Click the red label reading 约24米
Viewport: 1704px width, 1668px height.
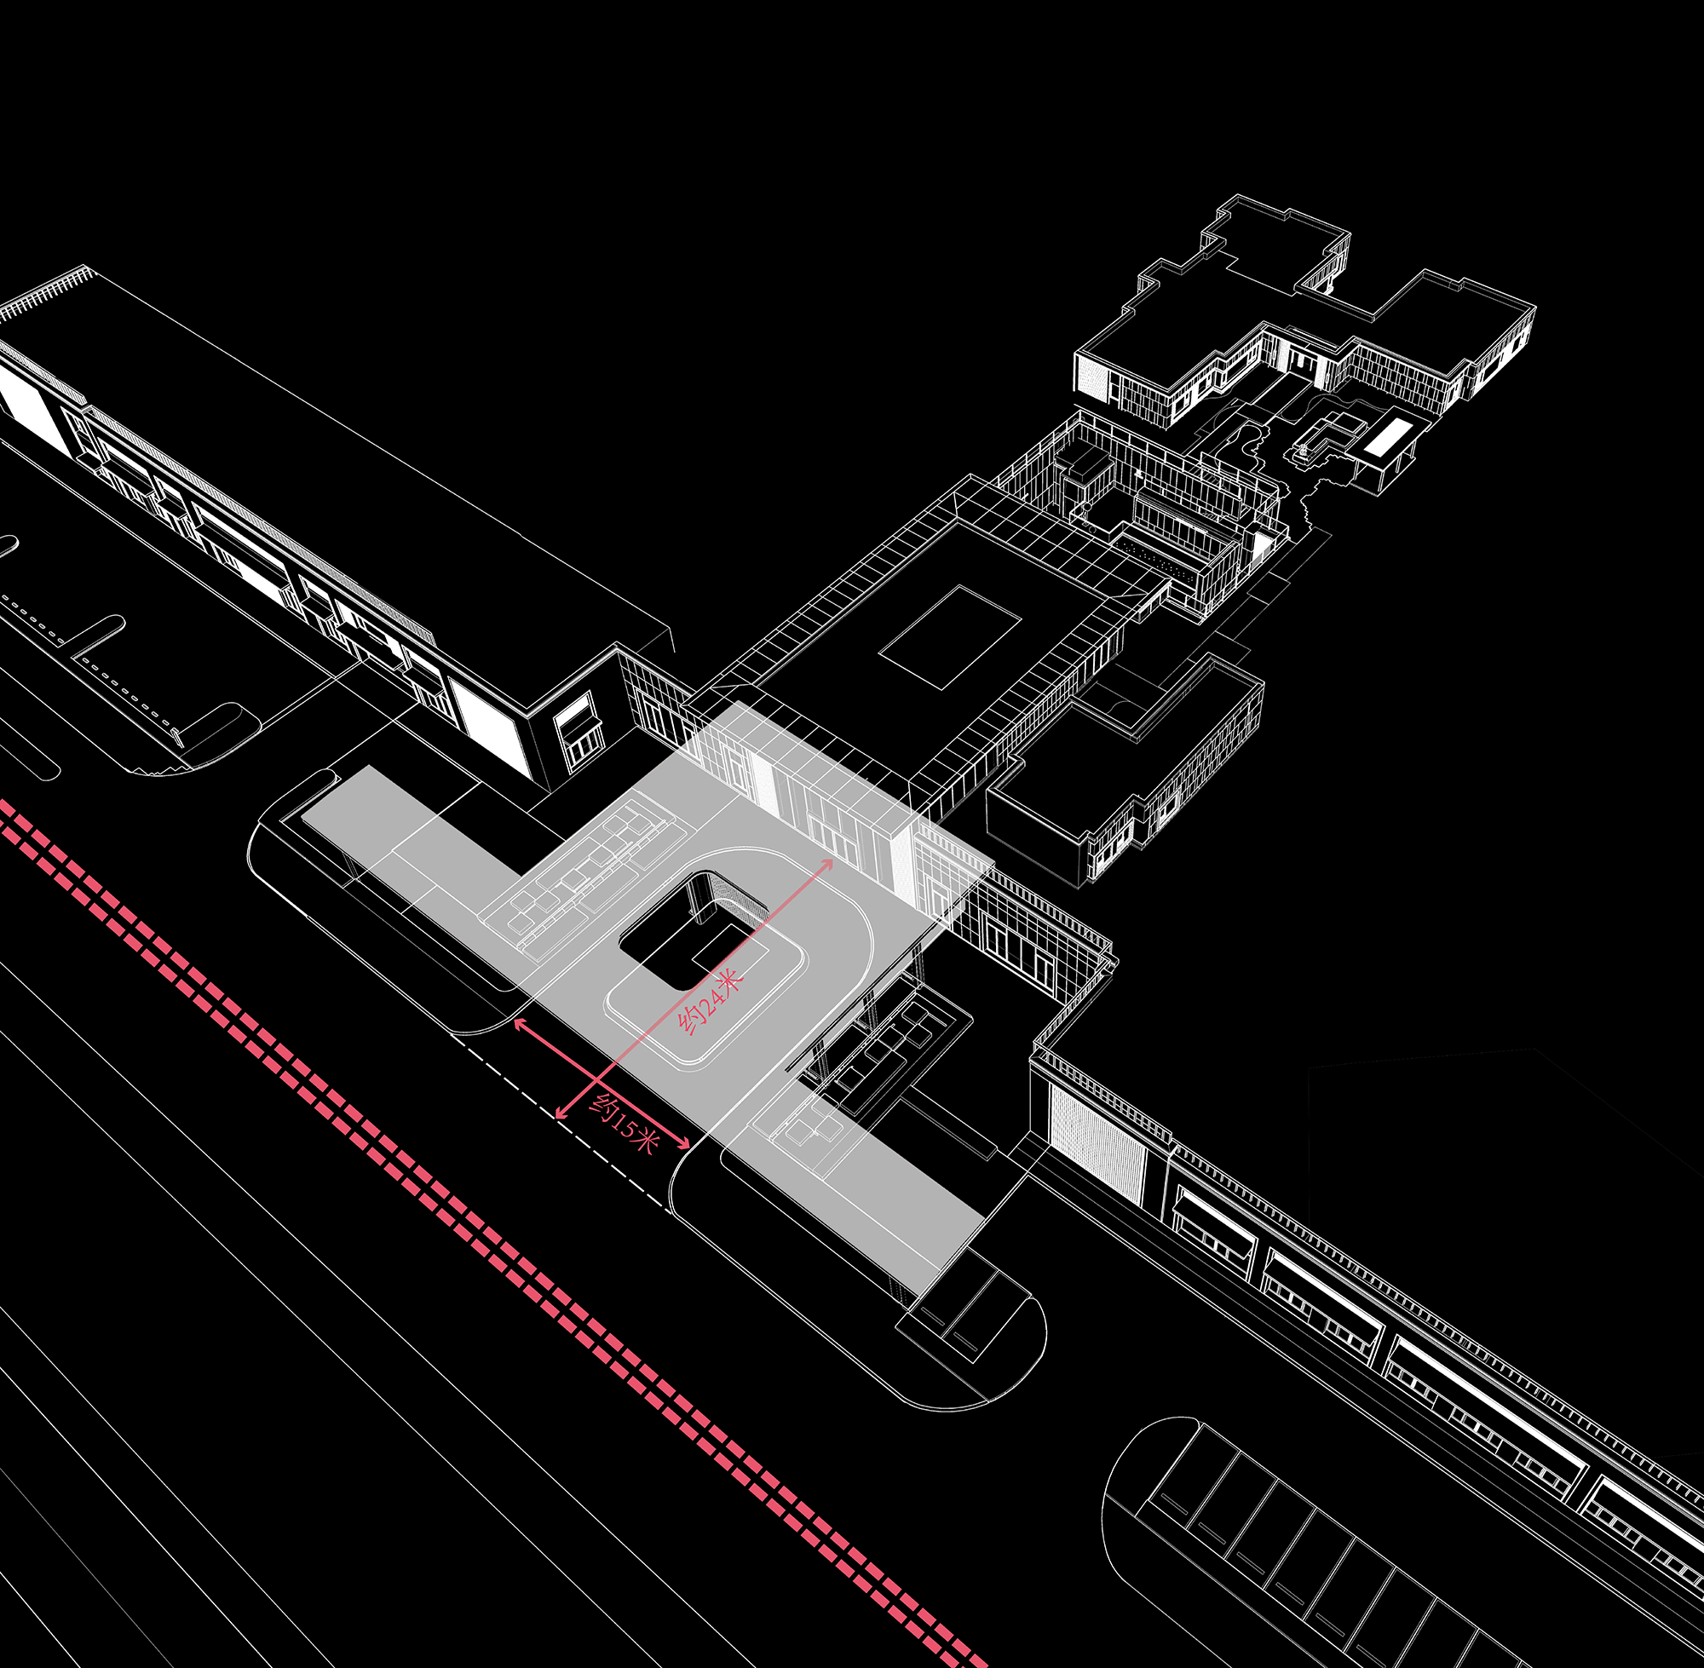(710, 1000)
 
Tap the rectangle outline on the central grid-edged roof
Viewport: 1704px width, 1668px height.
(951, 637)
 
